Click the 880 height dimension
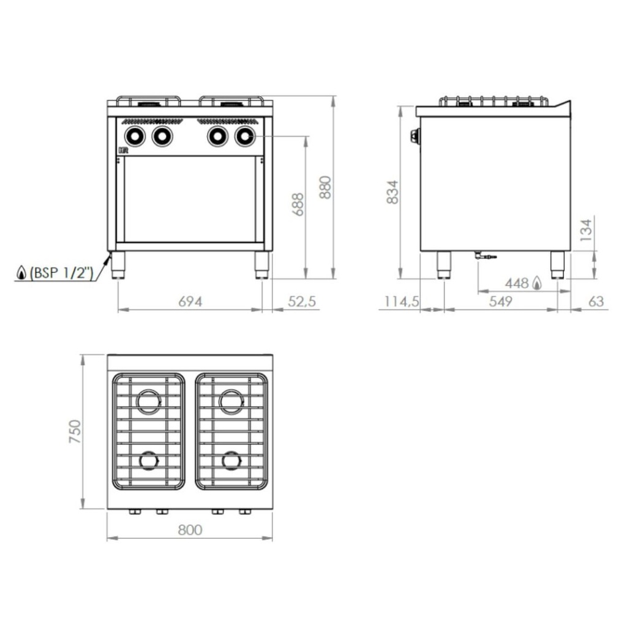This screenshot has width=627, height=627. click(x=326, y=187)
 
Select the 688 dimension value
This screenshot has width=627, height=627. click(x=298, y=205)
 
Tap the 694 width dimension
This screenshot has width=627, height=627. click(x=190, y=301)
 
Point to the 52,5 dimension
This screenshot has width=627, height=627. click(x=302, y=301)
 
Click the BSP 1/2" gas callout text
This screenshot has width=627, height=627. click(x=61, y=273)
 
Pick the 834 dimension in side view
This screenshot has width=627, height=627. click(x=392, y=192)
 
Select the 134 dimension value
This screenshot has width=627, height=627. click(x=586, y=230)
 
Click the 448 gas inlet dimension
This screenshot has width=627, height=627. click(x=517, y=283)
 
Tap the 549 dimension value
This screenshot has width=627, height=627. click(x=501, y=301)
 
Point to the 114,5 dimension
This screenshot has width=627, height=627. click(x=402, y=301)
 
